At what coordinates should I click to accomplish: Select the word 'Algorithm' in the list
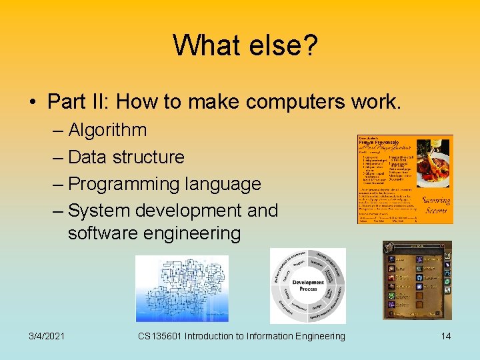click(x=107, y=129)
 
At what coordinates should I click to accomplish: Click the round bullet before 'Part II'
click(x=33, y=103)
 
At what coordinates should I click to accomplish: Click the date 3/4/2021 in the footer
click(x=47, y=336)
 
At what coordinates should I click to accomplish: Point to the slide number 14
click(x=445, y=336)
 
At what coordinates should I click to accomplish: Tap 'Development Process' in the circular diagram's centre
click(x=307, y=286)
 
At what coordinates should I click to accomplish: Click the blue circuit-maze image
click(x=181, y=289)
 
